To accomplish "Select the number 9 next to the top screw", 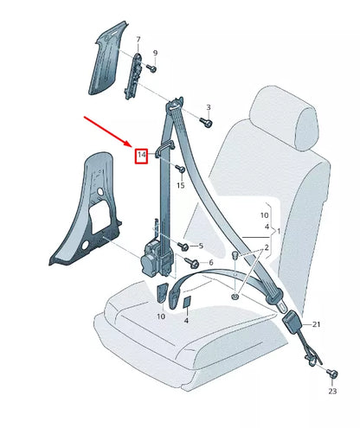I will click(x=156, y=53).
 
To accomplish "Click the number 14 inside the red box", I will click(x=142, y=155).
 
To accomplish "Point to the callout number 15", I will click(x=181, y=185).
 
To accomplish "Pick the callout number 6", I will click(x=210, y=261).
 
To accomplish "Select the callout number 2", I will click(x=267, y=247).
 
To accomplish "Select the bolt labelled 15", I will click(x=178, y=169).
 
